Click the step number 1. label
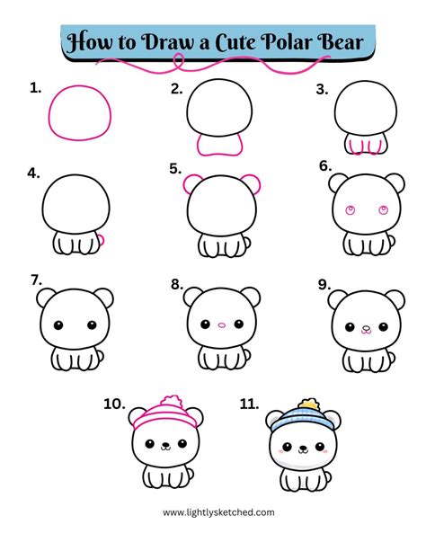coord(36,87)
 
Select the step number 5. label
coord(176,167)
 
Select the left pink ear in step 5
coord(191,185)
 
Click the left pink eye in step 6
coord(350,212)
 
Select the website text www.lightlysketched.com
coord(219,512)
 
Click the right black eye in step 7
coord(88,324)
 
